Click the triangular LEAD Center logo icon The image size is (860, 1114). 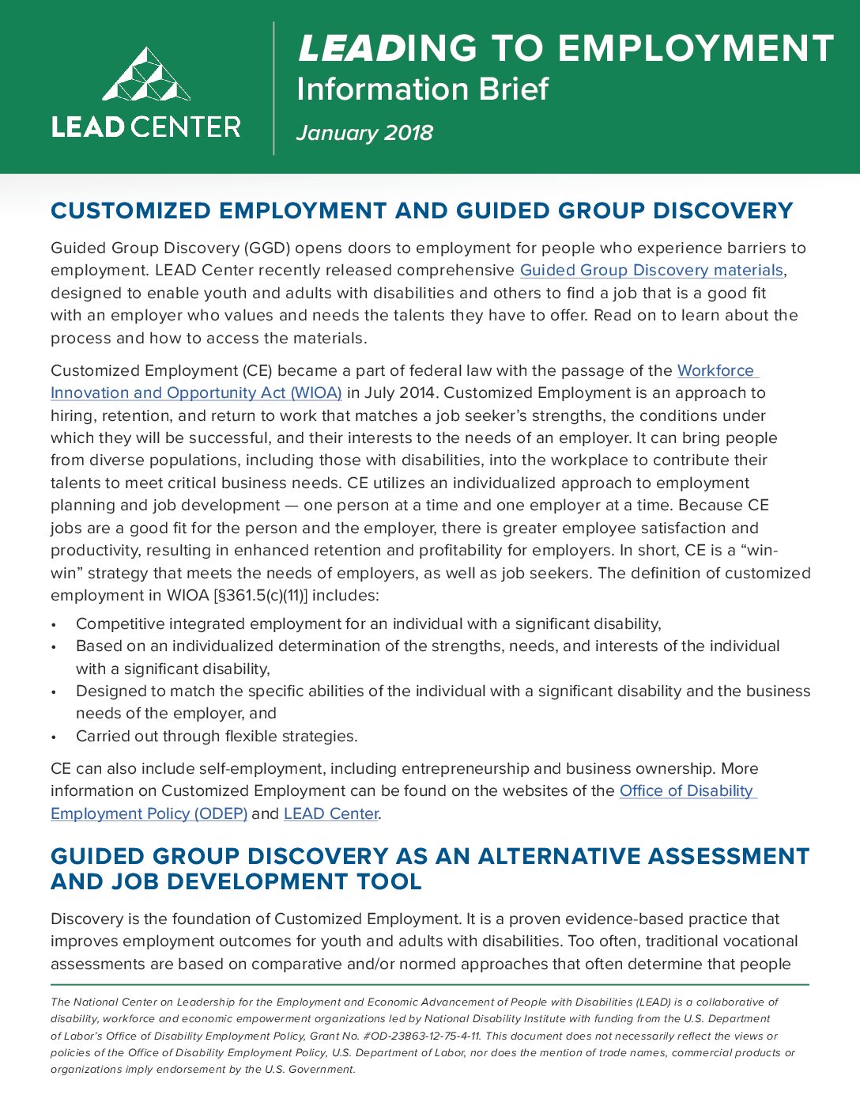(146, 75)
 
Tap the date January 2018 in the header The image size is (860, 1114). (364, 133)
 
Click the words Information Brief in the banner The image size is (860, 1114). (422, 89)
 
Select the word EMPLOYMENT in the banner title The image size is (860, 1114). (696, 48)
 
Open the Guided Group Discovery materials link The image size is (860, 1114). (651, 271)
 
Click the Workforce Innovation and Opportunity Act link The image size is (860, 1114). (196, 393)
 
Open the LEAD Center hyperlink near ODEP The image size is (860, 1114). (331, 813)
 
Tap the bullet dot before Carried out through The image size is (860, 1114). (54, 737)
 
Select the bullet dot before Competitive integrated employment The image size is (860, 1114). (54, 625)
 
